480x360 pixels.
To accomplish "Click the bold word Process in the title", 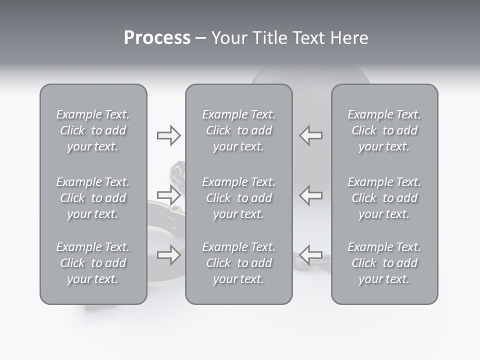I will tap(157, 38).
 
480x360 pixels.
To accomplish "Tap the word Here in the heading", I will tap(348, 38).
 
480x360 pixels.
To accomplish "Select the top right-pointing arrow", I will tap(168, 135).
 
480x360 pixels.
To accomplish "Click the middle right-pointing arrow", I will tap(168, 195).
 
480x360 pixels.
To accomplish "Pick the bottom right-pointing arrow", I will tap(168, 255).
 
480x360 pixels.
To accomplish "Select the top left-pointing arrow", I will tap(310, 135).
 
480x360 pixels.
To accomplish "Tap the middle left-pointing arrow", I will tap(310, 195).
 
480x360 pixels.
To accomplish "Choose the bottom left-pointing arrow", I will tap(310, 255).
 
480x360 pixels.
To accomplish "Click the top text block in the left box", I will tap(93, 130).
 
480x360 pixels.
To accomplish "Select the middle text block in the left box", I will tap(93, 198).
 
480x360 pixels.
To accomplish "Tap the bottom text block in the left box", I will tap(93, 263).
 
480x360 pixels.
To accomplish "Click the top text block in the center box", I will tap(238, 130).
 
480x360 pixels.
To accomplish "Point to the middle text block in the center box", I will tap(238, 198).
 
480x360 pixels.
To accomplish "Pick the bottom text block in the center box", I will tap(238, 263).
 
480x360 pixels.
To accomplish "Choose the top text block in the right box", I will tap(384, 130).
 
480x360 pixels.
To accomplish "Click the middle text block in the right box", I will tap(384, 198).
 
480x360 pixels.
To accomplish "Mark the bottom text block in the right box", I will tap(384, 263).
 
